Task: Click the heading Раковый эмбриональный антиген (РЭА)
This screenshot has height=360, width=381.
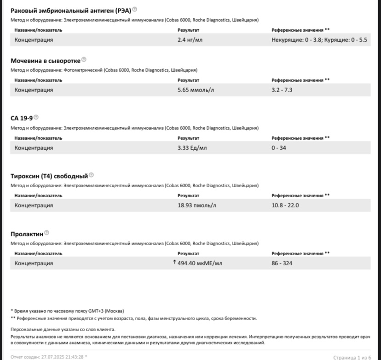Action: click(x=71, y=10)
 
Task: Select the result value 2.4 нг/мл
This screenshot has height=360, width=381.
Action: click(x=190, y=40)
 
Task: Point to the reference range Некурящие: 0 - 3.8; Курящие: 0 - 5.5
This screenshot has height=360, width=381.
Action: click(x=319, y=40)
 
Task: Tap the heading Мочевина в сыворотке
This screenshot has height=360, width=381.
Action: click(x=46, y=61)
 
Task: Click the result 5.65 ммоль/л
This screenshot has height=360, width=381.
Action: click(x=196, y=90)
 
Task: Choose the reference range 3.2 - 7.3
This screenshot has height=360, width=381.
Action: click(x=282, y=90)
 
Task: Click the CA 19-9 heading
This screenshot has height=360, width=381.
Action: click(x=22, y=118)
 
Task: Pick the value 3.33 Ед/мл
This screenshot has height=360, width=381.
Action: click(x=192, y=148)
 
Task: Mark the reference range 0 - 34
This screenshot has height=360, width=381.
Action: click(x=279, y=148)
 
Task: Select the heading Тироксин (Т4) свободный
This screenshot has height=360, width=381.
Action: click(x=49, y=176)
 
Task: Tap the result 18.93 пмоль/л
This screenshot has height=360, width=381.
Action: click(x=196, y=206)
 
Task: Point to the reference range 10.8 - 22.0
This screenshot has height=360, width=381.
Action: click(x=285, y=206)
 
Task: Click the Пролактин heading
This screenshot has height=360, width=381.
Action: click(x=27, y=234)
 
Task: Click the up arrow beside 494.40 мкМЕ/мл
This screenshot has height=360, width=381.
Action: click(x=174, y=263)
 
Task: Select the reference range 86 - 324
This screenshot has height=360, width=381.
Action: click(x=282, y=263)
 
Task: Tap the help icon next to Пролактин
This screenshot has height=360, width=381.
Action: click(x=46, y=233)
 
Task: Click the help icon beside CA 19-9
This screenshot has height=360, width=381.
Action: click(x=36, y=117)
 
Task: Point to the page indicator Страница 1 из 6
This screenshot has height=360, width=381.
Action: click(x=352, y=357)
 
